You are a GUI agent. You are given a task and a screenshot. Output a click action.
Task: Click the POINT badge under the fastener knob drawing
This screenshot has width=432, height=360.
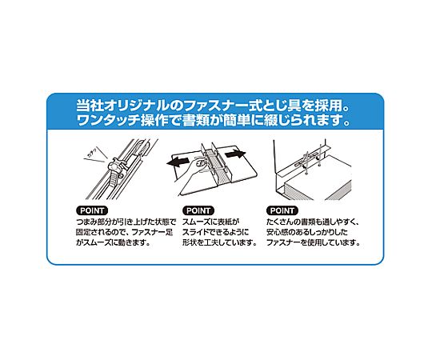click(92, 210)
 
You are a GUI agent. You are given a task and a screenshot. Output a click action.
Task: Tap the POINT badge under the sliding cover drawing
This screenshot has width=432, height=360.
click(198, 210)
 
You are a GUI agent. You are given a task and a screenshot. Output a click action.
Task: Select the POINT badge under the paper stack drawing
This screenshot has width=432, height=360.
click(282, 210)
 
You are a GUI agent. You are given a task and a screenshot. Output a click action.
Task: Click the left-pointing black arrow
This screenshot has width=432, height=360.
click(178, 162)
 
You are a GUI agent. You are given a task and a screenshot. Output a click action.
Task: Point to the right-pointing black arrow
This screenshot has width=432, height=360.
click(235, 154)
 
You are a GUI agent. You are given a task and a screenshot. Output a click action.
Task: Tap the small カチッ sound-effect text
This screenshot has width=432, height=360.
click(93, 153)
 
